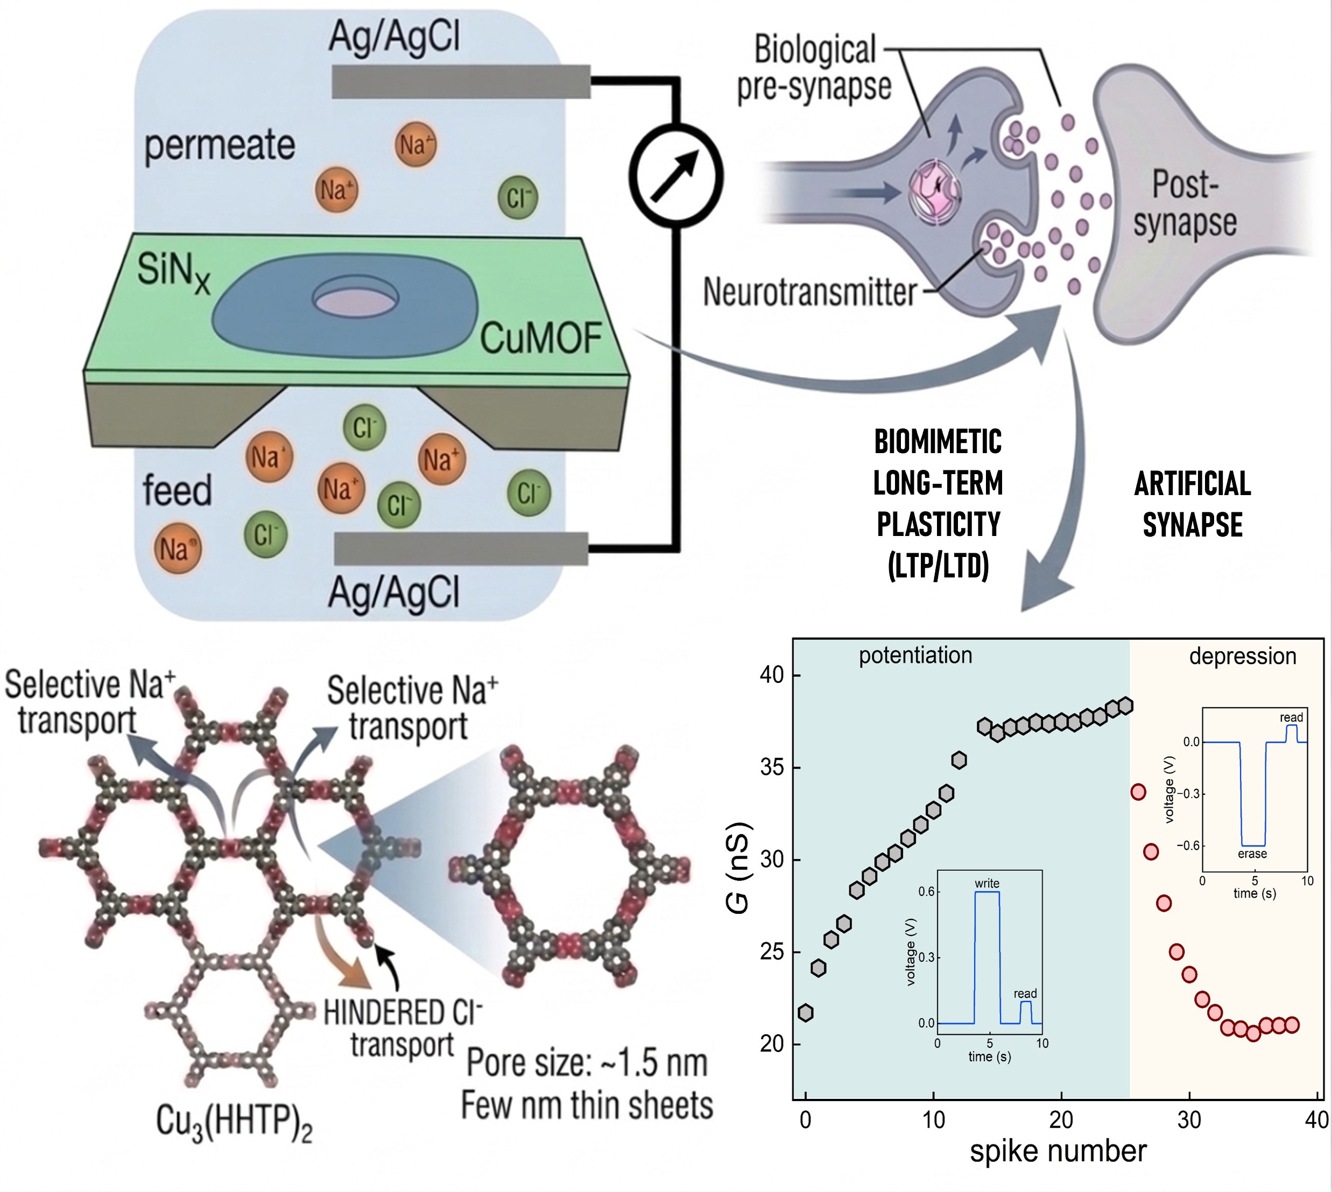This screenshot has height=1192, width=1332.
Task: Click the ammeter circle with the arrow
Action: tap(676, 175)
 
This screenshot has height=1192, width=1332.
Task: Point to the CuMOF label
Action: tap(541, 338)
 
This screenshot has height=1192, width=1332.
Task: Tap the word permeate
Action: tap(220, 145)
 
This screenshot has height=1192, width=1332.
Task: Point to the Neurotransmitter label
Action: tap(809, 292)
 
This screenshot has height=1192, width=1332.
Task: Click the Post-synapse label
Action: tap(1185, 203)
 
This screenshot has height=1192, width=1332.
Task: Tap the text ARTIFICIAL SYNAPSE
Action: tap(1193, 504)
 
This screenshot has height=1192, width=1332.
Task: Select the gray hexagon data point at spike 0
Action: tap(806, 1013)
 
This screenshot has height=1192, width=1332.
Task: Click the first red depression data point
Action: tap(1138, 792)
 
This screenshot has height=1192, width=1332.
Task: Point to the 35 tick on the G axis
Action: tap(772, 767)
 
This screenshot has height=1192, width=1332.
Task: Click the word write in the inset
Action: tap(987, 884)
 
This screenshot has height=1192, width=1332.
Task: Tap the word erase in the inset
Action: tap(1252, 854)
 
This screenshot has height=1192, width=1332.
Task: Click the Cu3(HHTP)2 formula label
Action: tap(234, 1122)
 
